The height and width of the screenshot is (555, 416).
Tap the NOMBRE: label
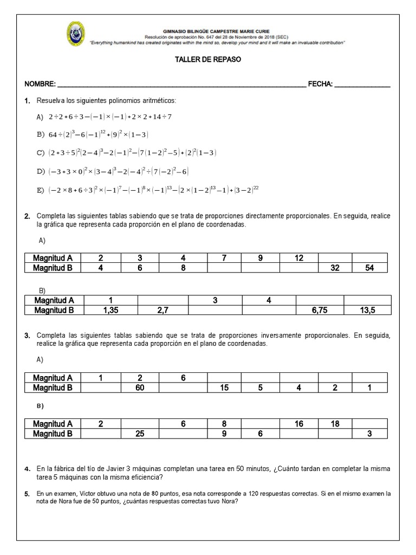[x=40, y=85]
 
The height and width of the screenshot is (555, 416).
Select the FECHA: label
[x=320, y=85]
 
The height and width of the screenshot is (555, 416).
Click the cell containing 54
[x=369, y=268]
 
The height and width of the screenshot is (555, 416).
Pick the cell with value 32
[x=335, y=268]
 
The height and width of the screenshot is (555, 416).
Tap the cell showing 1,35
[x=110, y=310]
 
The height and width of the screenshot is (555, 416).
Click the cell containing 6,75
[x=320, y=310]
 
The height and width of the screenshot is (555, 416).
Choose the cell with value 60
[x=140, y=388]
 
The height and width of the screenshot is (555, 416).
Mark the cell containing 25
[x=140, y=434]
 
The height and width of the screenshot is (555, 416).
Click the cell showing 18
[x=335, y=424]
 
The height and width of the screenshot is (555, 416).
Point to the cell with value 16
[x=299, y=424]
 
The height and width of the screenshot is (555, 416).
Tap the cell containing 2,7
[x=163, y=310]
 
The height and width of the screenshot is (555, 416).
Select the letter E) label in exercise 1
[x=40, y=190]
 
